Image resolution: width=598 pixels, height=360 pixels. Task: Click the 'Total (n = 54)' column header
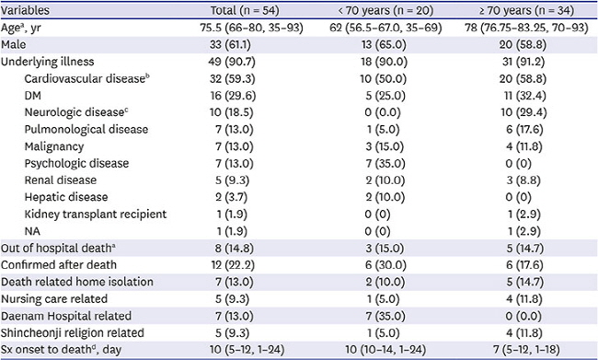click(x=245, y=10)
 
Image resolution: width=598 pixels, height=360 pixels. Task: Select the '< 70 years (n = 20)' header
click(x=385, y=10)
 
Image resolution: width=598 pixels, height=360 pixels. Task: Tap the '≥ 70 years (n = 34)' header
click(x=526, y=10)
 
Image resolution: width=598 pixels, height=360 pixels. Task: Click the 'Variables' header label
click(x=25, y=10)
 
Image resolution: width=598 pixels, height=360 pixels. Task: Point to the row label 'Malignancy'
click(x=54, y=146)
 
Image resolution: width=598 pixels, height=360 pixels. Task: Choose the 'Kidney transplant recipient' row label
click(x=96, y=215)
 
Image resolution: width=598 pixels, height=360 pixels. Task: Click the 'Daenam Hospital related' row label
click(x=66, y=316)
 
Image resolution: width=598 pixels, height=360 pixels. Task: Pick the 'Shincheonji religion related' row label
click(x=73, y=333)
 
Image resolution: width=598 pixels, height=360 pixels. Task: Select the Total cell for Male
click(x=230, y=45)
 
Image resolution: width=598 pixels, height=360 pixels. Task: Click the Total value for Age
click(x=252, y=28)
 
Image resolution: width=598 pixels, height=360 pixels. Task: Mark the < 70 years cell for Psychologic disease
click(x=385, y=163)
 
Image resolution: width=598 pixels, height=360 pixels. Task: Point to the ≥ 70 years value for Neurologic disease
click(x=523, y=112)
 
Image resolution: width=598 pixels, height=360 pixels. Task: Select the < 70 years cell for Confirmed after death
click(x=385, y=265)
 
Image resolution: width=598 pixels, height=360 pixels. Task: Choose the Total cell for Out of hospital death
click(x=235, y=249)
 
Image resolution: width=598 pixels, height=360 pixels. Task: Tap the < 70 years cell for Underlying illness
click(x=384, y=62)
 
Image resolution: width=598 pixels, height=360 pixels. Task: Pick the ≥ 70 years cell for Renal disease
click(x=523, y=180)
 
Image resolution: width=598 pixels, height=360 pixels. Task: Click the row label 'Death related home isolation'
click(x=77, y=282)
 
